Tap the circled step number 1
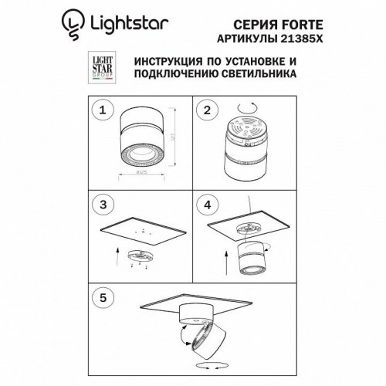(100, 111)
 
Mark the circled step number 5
(100, 296)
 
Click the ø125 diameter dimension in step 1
(143, 174)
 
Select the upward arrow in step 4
(225, 266)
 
